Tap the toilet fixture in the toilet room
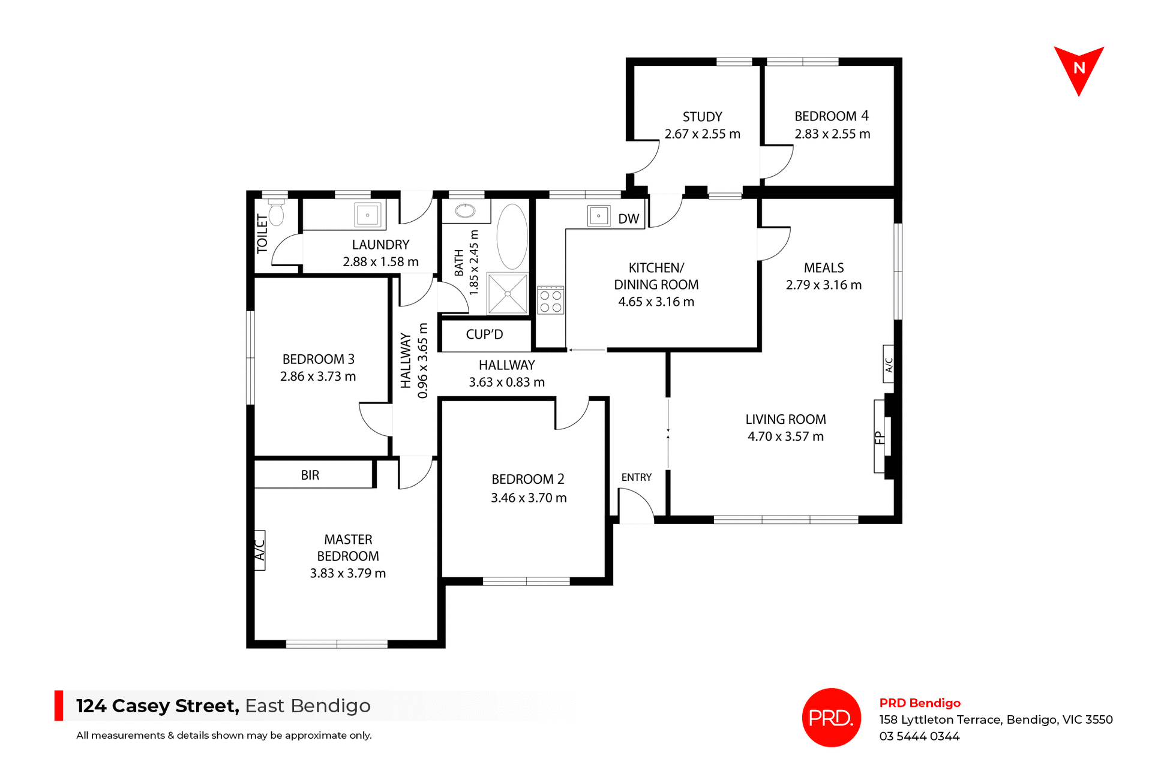click(x=276, y=213)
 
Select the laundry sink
click(x=367, y=215)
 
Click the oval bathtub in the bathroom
click(x=512, y=236)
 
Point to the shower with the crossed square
click(x=508, y=294)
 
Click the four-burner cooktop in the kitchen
click(x=550, y=301)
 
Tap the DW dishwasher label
click(x=628, y=219)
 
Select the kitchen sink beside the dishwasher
click(x=598, y=216)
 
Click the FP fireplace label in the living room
click(x=880, y=437)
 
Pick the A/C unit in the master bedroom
click(x=260, y=549)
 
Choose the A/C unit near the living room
click(x=889, y=364)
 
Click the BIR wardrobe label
click(x=310, y=475)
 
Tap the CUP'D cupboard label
click(x=484, y=335)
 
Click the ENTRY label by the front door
click(x=636, y=477)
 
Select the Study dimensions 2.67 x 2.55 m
click(x=702, y=134)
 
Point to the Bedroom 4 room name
click(x=831, y=116)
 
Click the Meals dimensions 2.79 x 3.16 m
click(x=823, y=285)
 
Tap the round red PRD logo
click(x=831, y=717)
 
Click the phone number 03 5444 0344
click(x=919, y=736)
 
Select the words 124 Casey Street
click(x=157, y=706)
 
